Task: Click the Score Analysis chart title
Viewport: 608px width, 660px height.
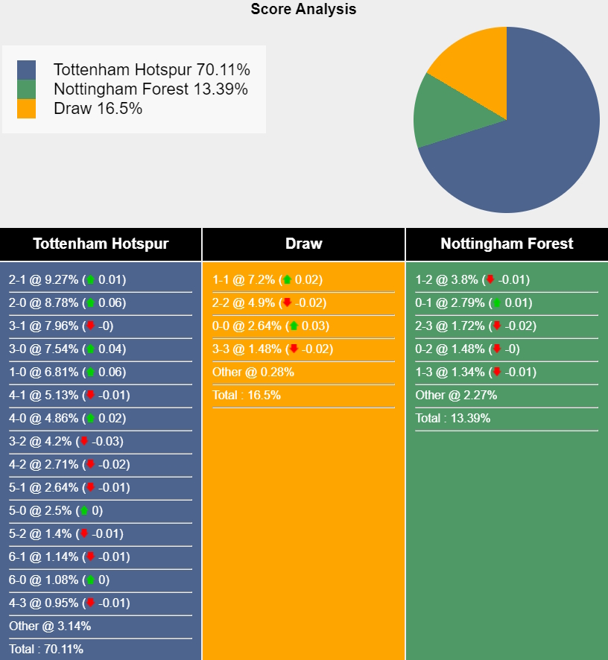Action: pos(303,10)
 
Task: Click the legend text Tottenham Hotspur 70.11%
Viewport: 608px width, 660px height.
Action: pos(151,70)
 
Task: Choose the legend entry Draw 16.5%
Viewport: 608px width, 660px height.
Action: pos(98,109)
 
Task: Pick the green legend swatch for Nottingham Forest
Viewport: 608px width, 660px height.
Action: pos(27,89)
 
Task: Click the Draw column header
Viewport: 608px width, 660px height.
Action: pos(303,244)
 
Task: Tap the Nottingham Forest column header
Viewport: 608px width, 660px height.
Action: pos(507,244)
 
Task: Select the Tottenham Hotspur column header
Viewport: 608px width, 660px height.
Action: pos(101,244)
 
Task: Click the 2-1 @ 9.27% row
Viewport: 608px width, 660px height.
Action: pos(67,280)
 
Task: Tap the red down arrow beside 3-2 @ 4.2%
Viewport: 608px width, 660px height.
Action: pos(84,441)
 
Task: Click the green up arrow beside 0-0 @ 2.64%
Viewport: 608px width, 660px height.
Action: pos(294,326)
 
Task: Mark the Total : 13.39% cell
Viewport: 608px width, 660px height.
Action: pos(453,419)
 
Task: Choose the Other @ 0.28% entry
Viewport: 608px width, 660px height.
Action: pos(253,372)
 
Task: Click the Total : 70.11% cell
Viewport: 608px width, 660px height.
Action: pos(46,649)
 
